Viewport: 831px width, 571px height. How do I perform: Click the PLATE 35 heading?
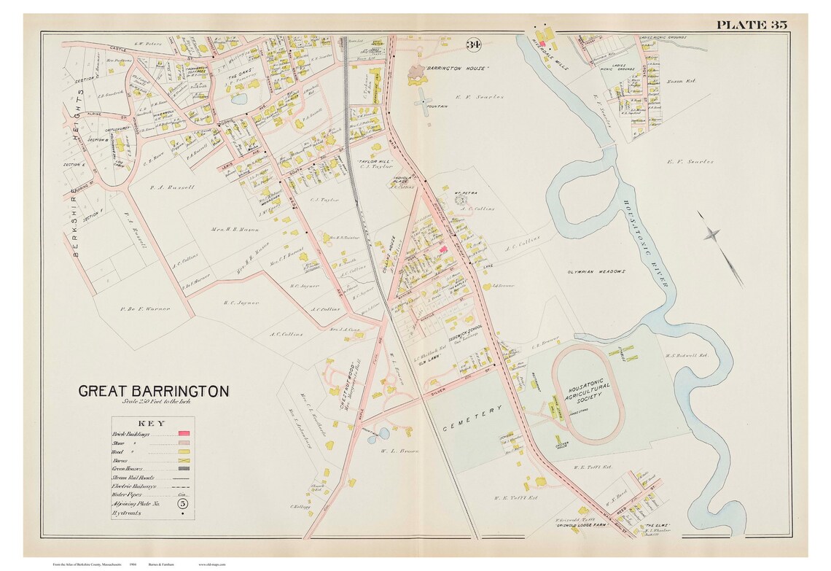[751, 25]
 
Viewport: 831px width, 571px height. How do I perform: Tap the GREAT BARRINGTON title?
[154, 391]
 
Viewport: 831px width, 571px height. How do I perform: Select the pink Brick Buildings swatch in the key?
[184, 434]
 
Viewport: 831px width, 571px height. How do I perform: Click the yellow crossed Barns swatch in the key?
[184, 461]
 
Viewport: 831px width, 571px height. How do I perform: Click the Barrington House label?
[457, 68]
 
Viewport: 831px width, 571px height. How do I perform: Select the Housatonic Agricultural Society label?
[589, 390]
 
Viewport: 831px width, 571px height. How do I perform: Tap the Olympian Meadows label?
[596, 271]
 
